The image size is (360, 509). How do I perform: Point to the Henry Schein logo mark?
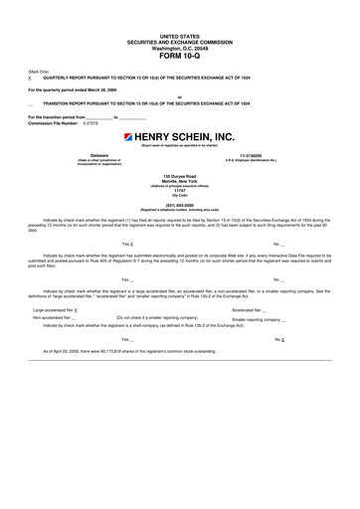click(x=129, y=136)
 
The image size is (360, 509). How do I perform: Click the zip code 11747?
click(x=179, y=189)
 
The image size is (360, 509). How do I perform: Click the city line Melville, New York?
click(x=179, y=180)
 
